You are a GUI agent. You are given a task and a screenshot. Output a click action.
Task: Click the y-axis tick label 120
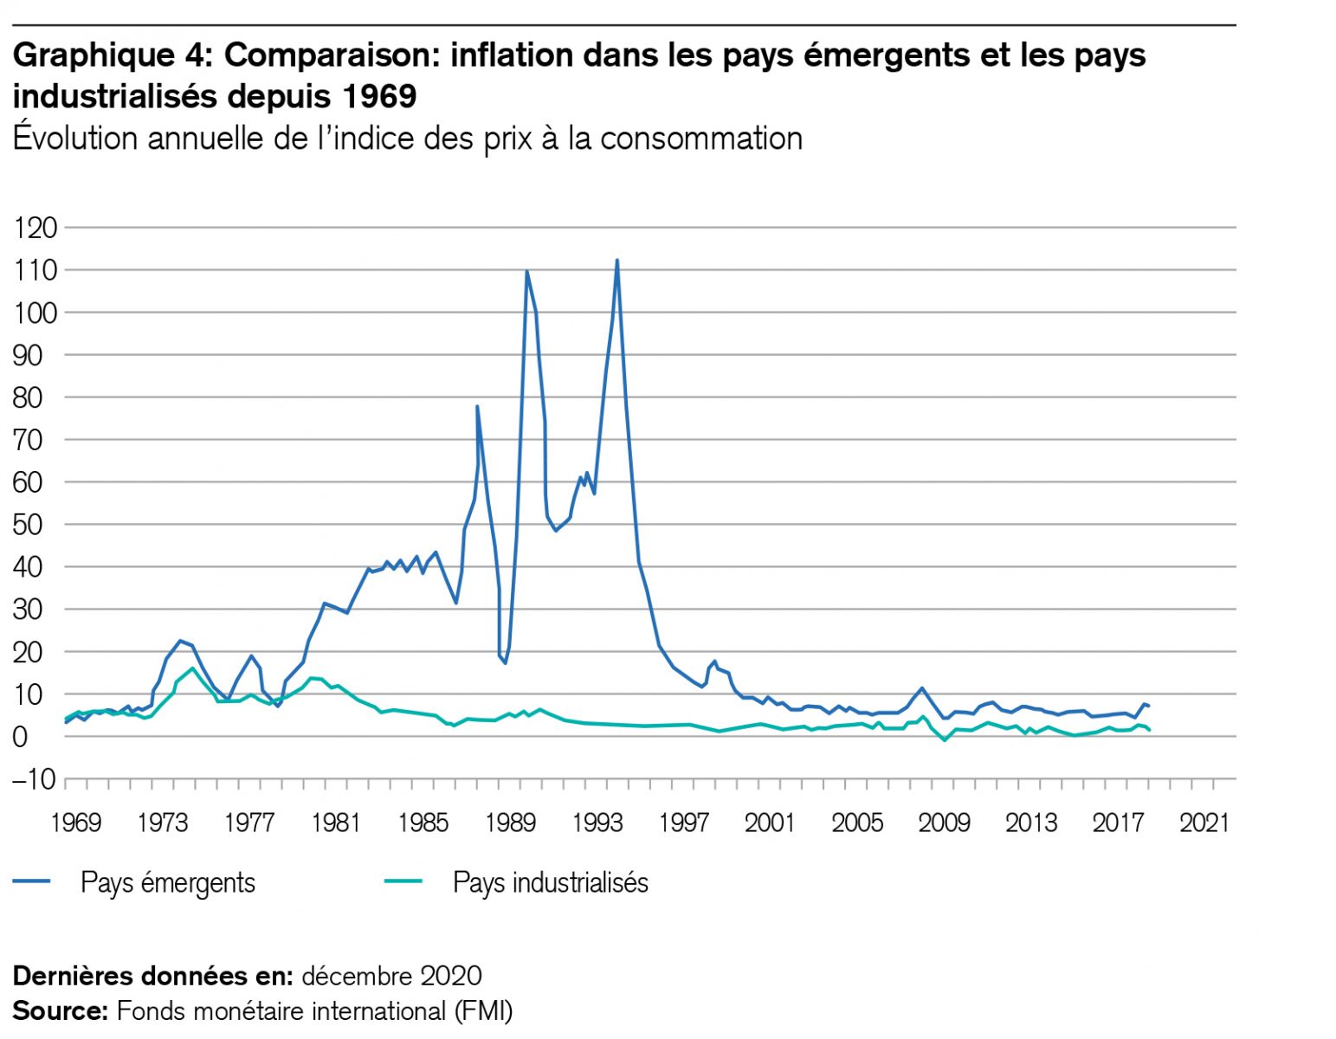35,228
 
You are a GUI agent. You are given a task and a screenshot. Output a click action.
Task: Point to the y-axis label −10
33,779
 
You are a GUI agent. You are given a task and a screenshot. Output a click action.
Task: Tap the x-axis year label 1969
76,822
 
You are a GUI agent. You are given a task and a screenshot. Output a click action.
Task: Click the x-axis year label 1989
510,822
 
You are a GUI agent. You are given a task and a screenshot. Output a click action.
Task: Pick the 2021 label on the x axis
1204,822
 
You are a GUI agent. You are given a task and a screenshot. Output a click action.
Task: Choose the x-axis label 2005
857,822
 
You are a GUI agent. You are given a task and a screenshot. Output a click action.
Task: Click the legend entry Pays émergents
167,882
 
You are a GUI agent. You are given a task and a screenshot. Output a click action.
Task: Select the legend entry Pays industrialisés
550,882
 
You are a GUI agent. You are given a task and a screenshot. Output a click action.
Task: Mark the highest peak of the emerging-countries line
616,261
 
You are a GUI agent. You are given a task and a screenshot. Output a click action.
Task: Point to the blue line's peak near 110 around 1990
526,272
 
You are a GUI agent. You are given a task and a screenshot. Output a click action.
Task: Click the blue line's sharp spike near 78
477,406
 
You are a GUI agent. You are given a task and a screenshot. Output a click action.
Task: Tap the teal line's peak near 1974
192,668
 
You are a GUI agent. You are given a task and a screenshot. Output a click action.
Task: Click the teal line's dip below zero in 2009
945,740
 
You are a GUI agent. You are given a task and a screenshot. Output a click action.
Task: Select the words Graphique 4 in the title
110,55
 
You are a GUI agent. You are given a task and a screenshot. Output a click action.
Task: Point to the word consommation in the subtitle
701,139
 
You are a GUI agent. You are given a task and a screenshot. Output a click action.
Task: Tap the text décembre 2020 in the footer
391,976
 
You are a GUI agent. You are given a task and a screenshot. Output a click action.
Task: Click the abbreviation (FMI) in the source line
481,1010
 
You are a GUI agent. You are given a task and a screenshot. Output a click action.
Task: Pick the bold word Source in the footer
57,1010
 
